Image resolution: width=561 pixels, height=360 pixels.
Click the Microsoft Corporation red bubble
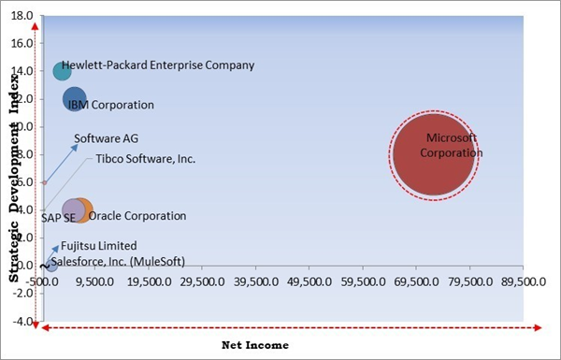(434, 154)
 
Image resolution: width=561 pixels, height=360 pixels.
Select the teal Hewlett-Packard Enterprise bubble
(63, 71)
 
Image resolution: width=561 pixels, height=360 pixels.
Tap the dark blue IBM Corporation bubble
(75, 99)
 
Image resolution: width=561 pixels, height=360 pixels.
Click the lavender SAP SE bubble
(73, 210)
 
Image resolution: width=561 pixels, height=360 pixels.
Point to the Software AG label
(106, 138)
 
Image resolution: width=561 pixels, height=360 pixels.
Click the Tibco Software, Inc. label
(146, 159)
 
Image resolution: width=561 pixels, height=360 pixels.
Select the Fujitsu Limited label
(99, 246)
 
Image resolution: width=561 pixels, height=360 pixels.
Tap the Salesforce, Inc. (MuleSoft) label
(118, 262)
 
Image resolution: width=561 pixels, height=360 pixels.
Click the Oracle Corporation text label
(137, 216)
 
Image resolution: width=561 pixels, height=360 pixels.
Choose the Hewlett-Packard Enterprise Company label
(158, 65)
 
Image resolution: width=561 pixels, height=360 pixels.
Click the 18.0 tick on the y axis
(22, 16)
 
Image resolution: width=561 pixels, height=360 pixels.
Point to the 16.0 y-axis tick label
(22, 43)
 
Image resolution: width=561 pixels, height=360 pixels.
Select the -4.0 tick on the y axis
(22, 321)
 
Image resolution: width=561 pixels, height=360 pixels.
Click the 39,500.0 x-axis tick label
(256, 282)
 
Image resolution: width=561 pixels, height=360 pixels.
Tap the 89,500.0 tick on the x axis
(524, 282)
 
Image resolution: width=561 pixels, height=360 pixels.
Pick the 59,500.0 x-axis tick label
(363, 282)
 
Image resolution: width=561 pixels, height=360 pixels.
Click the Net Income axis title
(255, 345)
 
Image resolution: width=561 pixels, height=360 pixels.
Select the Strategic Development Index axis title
(14, 177)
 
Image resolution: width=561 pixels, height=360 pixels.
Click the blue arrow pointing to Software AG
(61, 164)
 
